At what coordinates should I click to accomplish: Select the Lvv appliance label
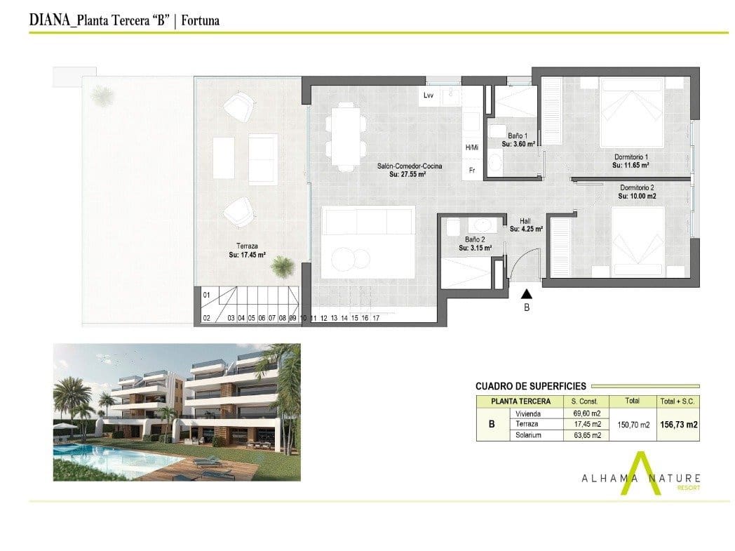(x=429, y=95)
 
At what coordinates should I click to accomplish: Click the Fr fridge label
(x=471, y=169)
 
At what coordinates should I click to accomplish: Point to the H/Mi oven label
(x=471, y=147)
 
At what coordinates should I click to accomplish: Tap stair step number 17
(x=377, y=318)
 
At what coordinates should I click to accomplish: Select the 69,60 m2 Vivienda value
(x=586, y=413)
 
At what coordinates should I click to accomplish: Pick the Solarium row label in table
(x=528, y=435)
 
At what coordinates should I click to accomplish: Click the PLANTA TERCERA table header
(x=520, y=401)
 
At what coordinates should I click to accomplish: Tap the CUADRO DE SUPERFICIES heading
(x=530, y=386)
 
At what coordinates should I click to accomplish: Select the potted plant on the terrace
(x=283, y=265)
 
